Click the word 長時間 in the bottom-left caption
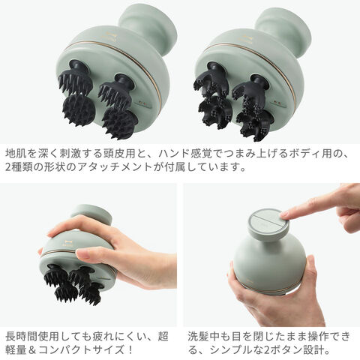click(x=22, y=336)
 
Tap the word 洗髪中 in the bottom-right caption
click(x=203, y=336)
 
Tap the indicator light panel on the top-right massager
click(x=278, y=103)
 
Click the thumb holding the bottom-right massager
click(x=310, y=271)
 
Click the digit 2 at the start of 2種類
click(x=8, y=167)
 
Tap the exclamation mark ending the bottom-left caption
click(x=130, y=349)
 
